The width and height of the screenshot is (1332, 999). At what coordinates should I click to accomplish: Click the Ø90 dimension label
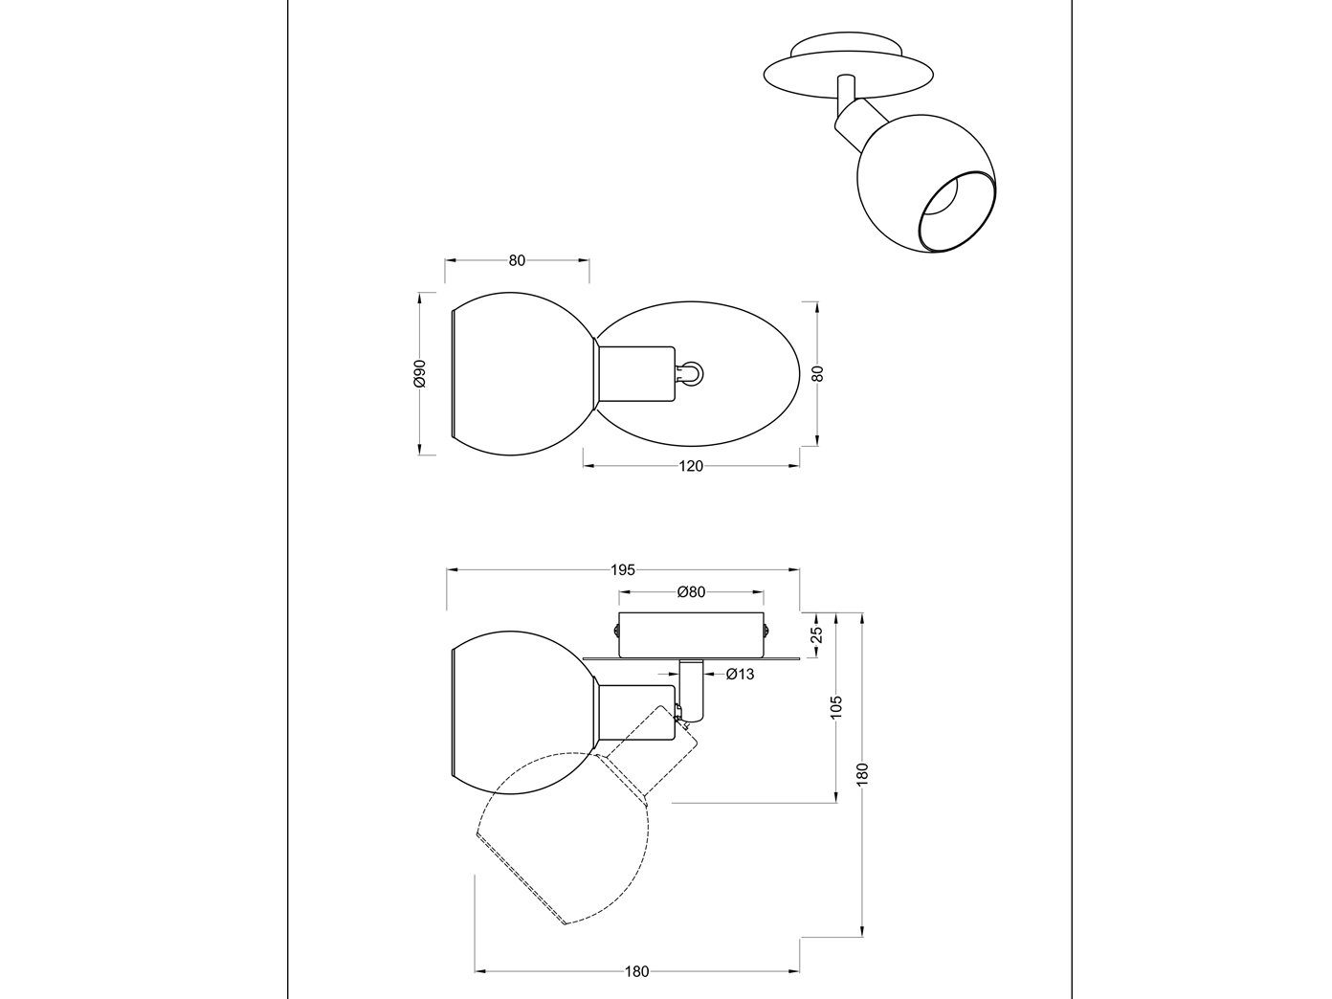(419, 374)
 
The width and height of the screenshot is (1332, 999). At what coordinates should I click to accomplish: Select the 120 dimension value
(691, 466)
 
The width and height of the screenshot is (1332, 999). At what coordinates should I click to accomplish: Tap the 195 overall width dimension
(623, 570)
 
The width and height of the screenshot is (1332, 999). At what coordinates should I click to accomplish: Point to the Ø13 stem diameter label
(740, 675)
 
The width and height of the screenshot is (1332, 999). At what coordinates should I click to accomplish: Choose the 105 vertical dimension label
(836, 707)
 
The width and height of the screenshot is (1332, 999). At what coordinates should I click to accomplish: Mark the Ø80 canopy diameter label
(691, 592)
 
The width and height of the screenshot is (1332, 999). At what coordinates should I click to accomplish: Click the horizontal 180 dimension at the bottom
(636, 971)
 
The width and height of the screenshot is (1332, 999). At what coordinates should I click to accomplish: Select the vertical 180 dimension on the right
(862, 772)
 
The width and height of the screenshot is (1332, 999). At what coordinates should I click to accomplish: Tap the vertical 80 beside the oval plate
(816, 374)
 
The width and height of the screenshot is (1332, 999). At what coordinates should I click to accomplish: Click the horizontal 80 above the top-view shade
(517, 260)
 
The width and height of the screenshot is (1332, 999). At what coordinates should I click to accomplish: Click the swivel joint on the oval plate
(690, 373)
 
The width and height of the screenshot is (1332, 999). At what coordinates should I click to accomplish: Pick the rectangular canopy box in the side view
(691, 634)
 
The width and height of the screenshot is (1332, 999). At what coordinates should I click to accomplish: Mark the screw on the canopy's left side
(615, 630)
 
